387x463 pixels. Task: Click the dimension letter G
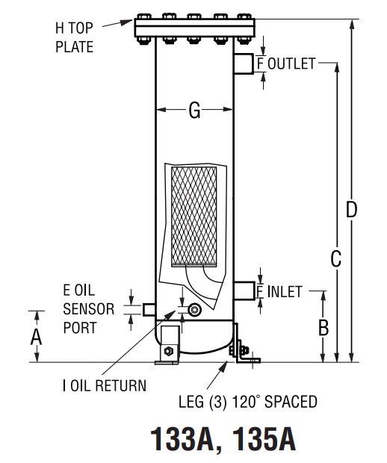click(194, 111)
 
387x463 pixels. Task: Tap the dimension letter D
click(350, 211)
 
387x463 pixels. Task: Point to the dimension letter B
click(323, 327)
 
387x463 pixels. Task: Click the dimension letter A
click(35, 337)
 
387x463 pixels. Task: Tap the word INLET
click(287, 291)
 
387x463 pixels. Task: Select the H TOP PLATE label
click(75, 38)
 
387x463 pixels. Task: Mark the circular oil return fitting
click(196, 309)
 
